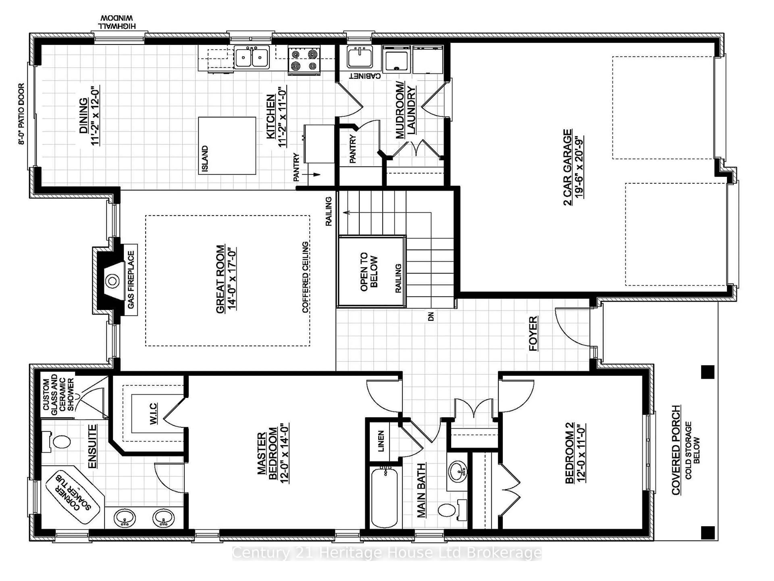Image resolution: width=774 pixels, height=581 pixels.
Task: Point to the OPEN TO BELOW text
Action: click(369, 271)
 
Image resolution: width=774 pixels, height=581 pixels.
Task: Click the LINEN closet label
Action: click(381, 441)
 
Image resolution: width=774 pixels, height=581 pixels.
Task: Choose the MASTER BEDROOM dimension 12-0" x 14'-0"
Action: click(284, 454)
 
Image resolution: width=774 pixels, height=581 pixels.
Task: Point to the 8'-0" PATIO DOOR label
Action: click(22, 114)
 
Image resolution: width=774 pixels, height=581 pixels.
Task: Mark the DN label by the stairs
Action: click(431, 316)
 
